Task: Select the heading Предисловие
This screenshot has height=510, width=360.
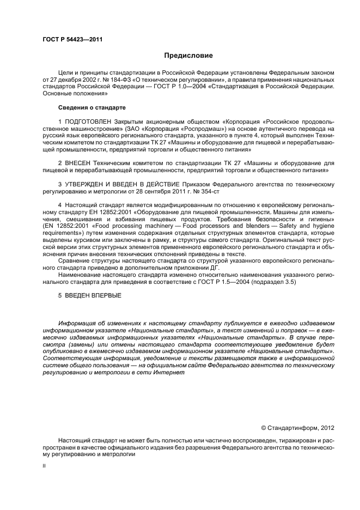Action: coord(189,56)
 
